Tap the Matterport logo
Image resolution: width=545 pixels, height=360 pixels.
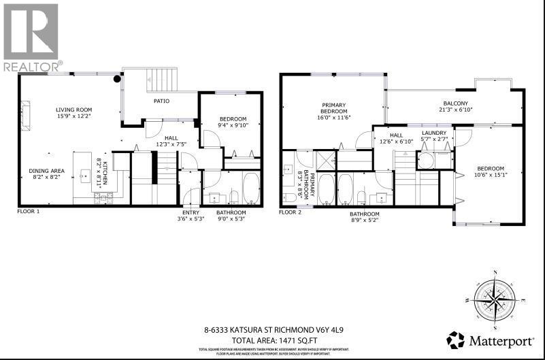(x=491, y=340)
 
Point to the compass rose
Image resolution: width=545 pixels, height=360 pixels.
(x=495, y=297)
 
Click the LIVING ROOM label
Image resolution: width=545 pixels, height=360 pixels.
(x=74, y=110)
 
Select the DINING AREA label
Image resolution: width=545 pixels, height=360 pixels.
(x=47, y=171)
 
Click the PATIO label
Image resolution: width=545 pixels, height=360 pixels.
(x=161, y=101)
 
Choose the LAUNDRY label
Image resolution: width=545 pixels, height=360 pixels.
(x=433, y=133)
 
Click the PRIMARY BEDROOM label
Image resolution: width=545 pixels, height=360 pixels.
(x=334, y=108)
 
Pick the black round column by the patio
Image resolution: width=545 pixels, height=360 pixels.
(x=118, y=79)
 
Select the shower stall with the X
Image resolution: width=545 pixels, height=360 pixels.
(x=326, y=161)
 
